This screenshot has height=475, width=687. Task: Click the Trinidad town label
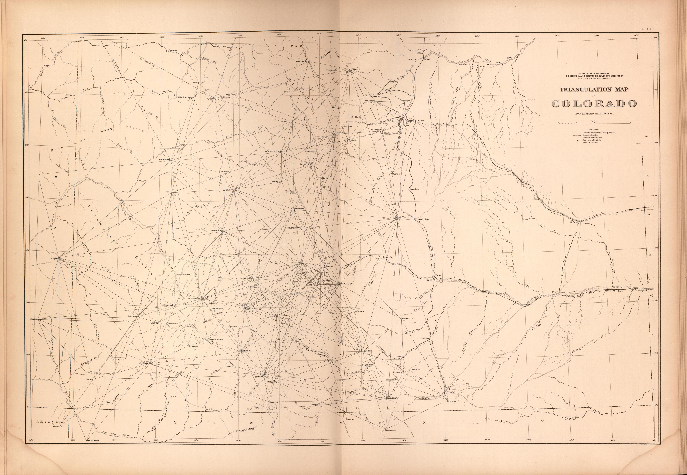point(451,393)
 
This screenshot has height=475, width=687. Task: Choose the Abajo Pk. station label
point(33,319)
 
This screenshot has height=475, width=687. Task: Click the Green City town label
point(462,64)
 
